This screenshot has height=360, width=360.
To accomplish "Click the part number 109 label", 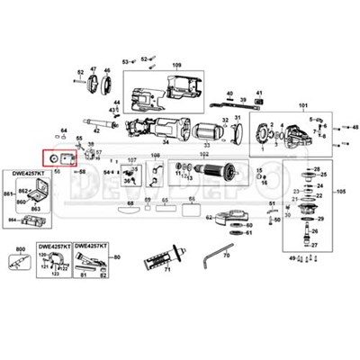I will tap(176, 66).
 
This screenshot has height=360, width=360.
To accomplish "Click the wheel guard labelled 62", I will tap(231, 215).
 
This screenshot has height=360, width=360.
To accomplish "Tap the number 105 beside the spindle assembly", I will tap(339, 193).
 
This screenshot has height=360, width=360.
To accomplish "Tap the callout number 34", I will tap(165, 140).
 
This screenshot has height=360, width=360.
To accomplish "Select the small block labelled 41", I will tap(257, 104).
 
